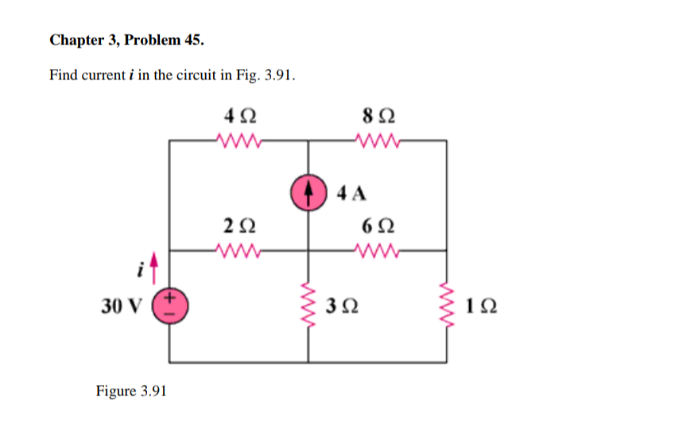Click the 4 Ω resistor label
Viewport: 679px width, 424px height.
click(x=239, y=117)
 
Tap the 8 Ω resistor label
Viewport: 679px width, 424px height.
click(x=376, y=117)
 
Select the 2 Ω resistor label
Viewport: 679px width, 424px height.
click(x=239, y=225)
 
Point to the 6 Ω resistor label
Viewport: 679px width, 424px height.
click(x=376, y=225)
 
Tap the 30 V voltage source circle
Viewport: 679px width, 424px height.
click(x=171, y=305)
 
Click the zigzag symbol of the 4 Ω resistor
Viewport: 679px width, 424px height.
click(x=239, y=144)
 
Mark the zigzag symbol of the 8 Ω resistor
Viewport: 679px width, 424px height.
click(x=377, y=144)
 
